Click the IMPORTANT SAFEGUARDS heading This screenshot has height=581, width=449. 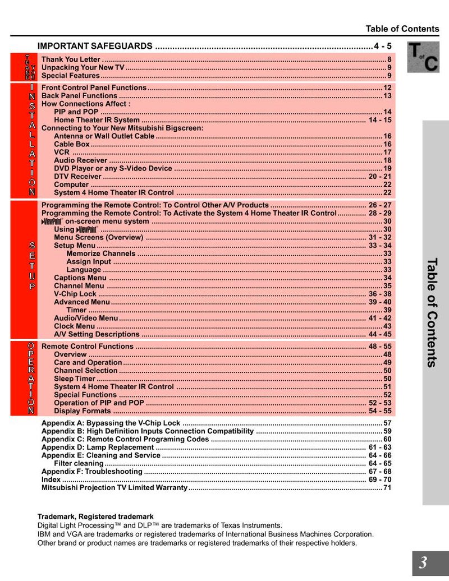point(94,46)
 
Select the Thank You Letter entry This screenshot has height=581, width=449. point(71,59)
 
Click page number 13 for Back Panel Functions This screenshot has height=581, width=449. point(387,96)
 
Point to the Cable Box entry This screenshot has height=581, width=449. point(72,144)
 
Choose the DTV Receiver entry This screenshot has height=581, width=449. point(77,176)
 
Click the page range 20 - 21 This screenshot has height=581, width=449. point(380,176)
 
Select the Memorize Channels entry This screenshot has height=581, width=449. point(100,253)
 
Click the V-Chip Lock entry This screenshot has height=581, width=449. point(75,294)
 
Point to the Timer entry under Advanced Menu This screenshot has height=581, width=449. point(76,310)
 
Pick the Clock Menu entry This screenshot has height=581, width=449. point(74,326)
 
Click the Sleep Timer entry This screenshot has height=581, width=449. point(75,379)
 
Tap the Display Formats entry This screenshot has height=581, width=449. point(82,411)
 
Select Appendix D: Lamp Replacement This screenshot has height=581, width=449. point(97,448)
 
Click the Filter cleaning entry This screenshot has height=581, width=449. point(79,464)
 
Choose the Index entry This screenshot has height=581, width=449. point(51,480)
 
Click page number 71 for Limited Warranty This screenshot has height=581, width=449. point(387,488)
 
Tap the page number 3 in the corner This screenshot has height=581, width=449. point(423,563)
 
